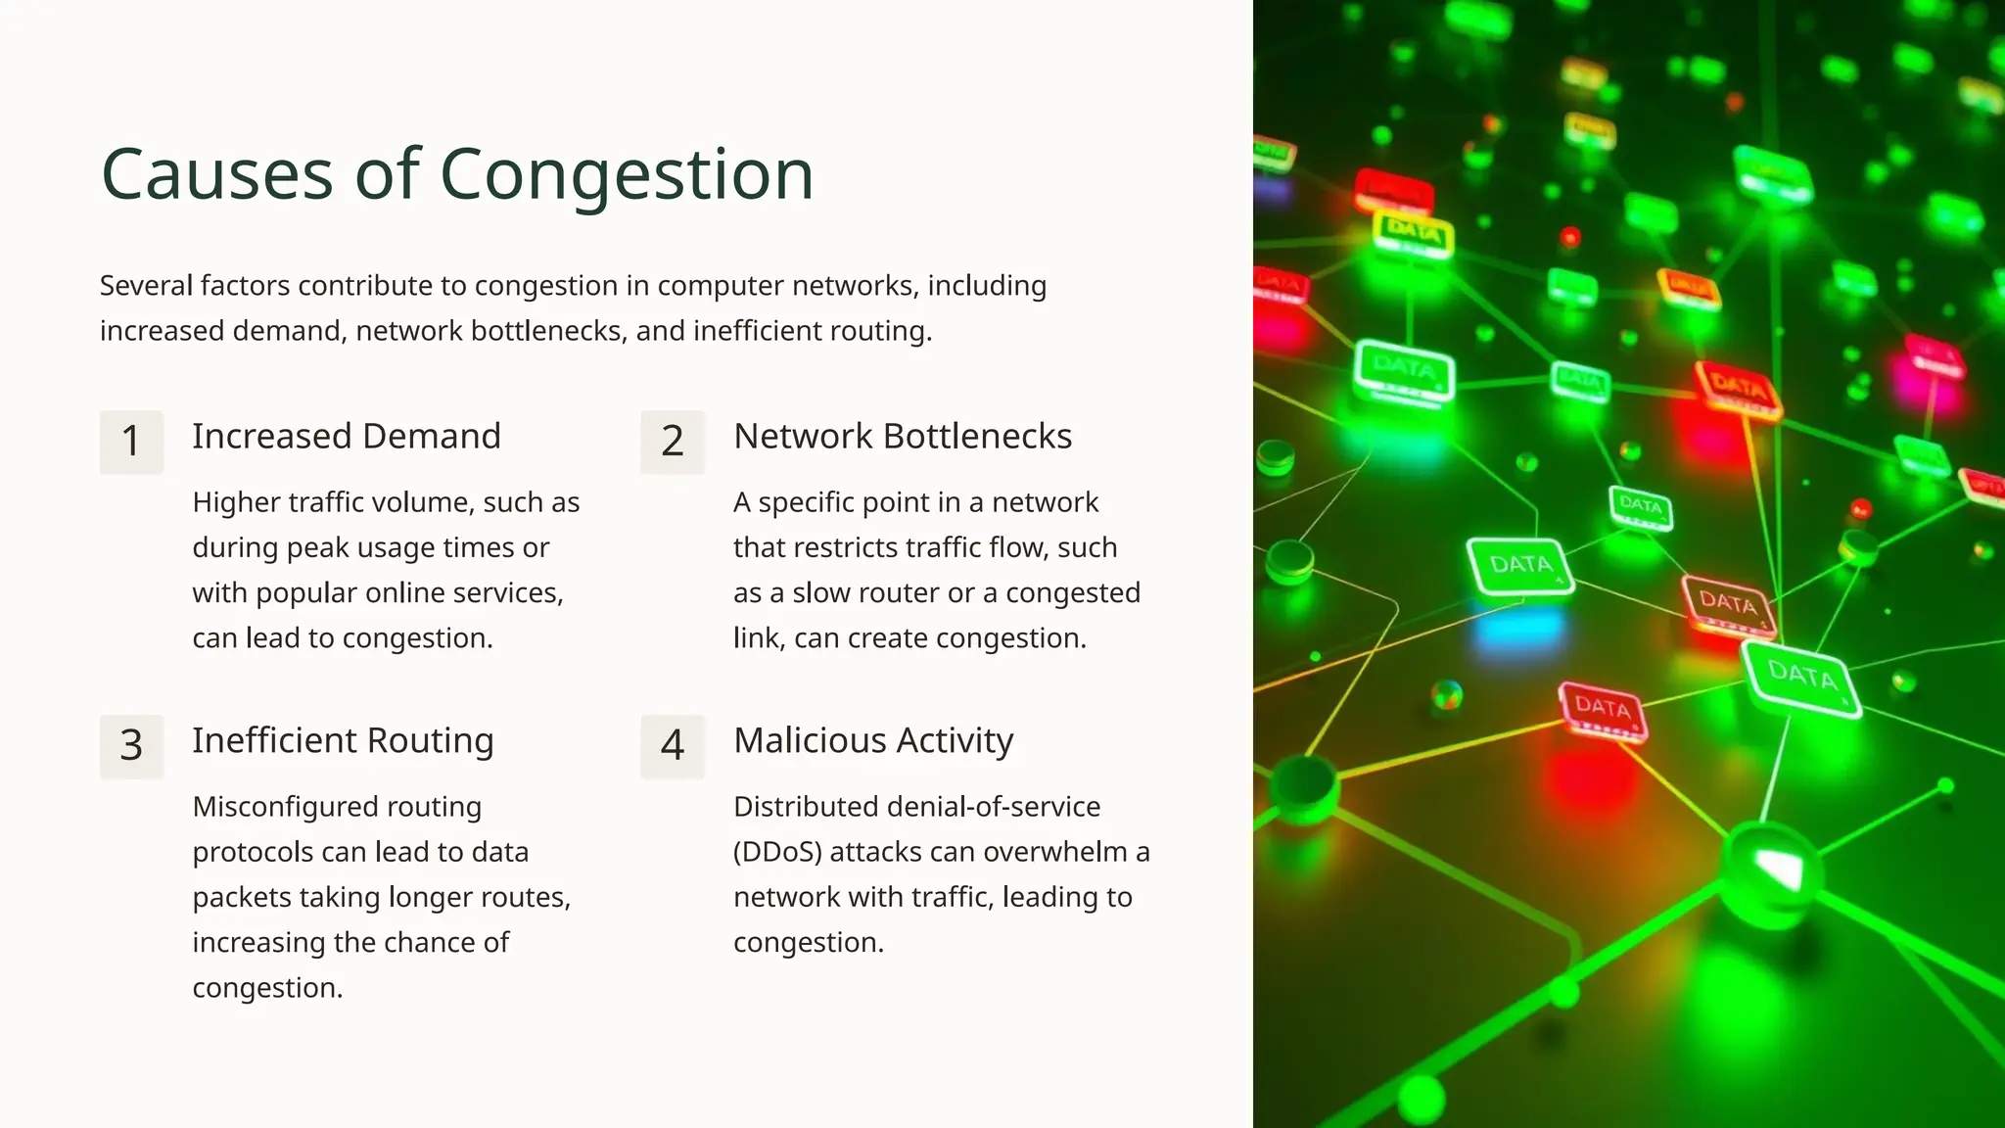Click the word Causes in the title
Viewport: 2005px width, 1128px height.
point(217,175)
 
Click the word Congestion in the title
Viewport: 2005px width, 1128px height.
point(627,175)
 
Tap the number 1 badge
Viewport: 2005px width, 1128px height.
point(131,442)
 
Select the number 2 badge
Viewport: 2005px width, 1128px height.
point(673,442)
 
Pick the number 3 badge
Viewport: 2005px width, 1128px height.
point(131,746)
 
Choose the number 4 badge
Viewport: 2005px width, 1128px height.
point(673,746)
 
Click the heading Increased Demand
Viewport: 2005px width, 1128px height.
point(347,437)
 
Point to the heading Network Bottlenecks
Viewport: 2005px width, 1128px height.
point(903,437)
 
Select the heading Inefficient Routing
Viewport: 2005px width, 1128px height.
point(343,741)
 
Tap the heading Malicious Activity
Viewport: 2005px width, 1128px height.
point(873,741)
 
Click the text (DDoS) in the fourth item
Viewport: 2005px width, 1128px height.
point(777,852)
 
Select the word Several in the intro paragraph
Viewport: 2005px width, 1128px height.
point(146,286)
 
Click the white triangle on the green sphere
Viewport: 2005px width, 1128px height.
point(1777,868)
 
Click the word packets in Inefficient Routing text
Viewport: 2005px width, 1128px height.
point(242,897)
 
